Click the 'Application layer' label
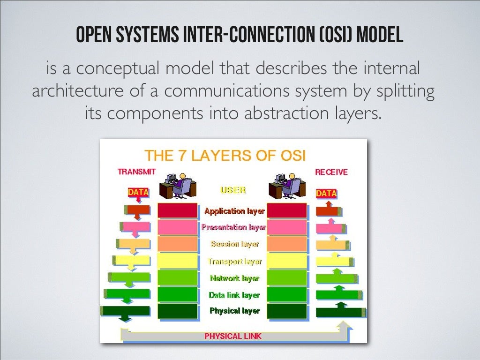coord(234,211)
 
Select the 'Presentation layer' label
coord(234,228)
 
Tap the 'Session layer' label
coord(235,244)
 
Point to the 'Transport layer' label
coord(235,262)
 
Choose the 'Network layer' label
coord(235,278)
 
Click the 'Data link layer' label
coord(234,295)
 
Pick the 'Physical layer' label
coord(234,311)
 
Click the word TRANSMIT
coord(136,172)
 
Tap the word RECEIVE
coord(331,172)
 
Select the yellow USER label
coord(233,191)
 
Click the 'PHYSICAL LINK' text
coord(233,336)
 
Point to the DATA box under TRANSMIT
coord(138,192)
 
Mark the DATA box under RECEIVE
coord(326,193)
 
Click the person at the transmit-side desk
coord(181,184)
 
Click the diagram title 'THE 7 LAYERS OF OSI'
coord(225,155)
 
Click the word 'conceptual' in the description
coord(118,69)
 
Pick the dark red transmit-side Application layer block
coord(177,211)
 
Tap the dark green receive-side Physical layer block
coord(287,311)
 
